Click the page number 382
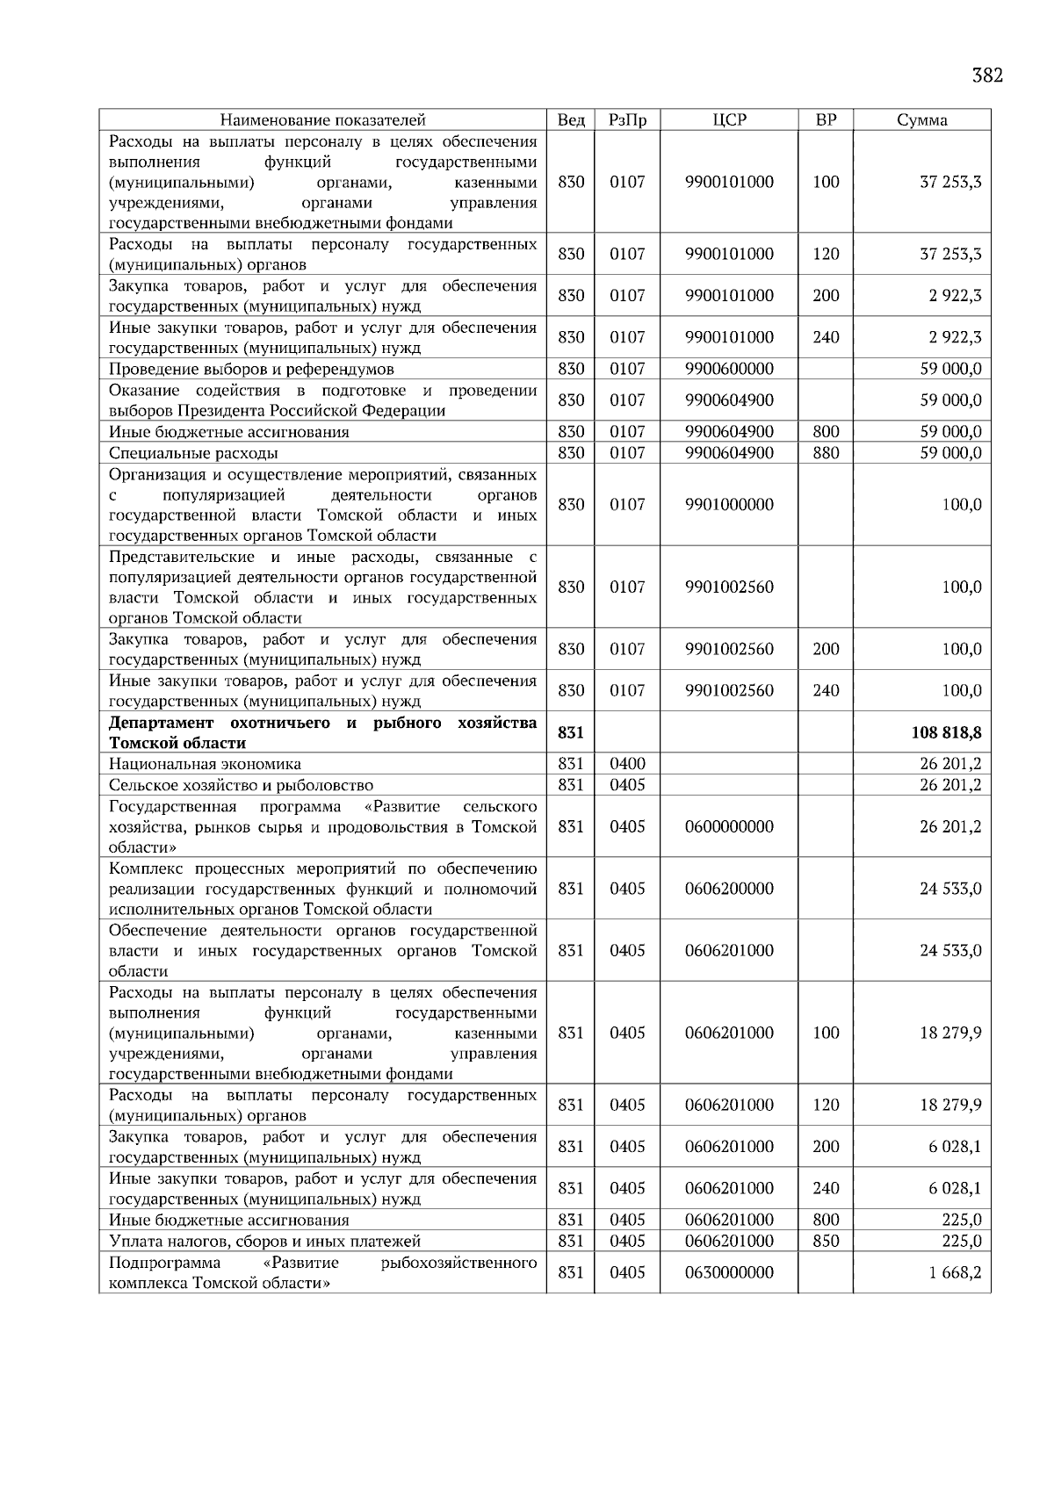point(987,76)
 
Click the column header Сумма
point(921,120)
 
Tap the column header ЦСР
point(729,120)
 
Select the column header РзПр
point(627,120)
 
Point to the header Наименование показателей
point(322,120)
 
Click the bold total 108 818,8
point(947,732)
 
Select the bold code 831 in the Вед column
point(571,732)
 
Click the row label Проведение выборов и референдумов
point(251,369)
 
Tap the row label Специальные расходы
point(193,453)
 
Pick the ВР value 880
point(826,453)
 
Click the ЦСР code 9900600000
point(729,369)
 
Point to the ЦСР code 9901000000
point(729,505)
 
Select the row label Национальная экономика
point(205,764)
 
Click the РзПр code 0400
point(627,764)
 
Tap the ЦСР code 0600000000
point(729,826)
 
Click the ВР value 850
point(826,1241)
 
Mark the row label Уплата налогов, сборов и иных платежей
point(264,1241)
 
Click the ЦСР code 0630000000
point(729,1272)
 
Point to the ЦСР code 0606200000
point(729,889)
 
